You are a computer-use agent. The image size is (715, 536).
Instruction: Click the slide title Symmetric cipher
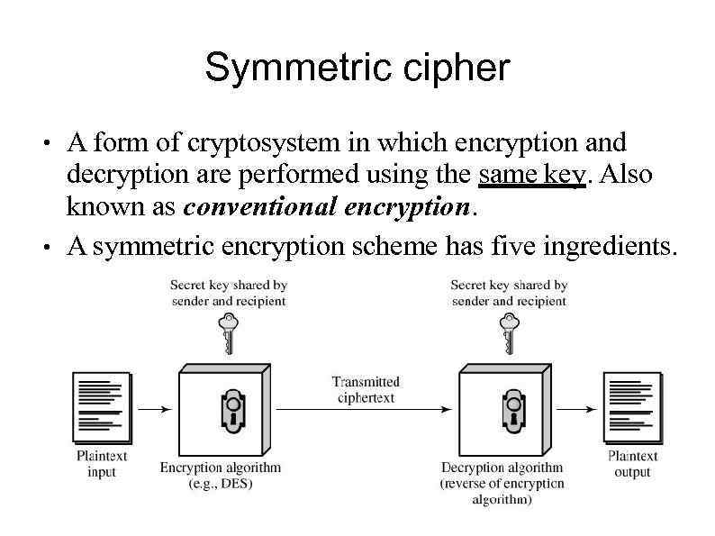[x=357, y=68]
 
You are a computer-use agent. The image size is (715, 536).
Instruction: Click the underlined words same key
[x=532, y=174]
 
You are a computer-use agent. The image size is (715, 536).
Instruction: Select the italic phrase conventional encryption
[x=327, y=206]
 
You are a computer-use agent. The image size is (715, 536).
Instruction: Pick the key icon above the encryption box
[x=228, y=332]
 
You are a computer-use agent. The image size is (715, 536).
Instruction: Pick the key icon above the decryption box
[x=509, y=332]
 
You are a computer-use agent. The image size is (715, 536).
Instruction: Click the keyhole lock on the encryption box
[x=230, y=410]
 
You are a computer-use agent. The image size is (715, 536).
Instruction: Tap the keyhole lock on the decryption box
[x=511, y=410]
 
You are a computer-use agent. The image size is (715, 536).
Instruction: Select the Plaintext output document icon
[x=633, y=407]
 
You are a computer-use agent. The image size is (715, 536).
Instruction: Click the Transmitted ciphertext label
[x=366, y=389]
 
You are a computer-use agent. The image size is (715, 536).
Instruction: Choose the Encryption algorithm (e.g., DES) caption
[x=221, y=475]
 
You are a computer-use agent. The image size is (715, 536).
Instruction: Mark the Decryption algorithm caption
[x=502, y=483]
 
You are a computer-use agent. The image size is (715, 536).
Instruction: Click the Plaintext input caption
[x=102, y=464]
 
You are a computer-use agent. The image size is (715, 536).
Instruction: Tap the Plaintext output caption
[x=632, y=464]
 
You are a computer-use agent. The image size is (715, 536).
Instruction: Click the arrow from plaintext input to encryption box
[x=151, y=409]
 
